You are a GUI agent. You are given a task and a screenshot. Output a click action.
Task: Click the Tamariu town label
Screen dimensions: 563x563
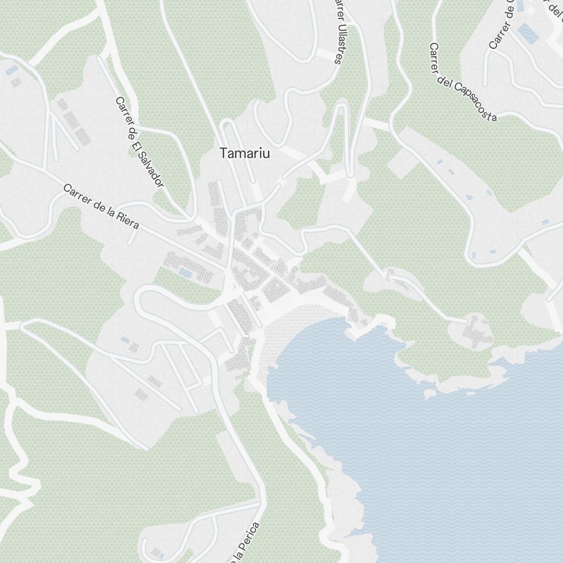coord(245,153)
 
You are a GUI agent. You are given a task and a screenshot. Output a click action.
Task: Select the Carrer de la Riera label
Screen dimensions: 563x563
coord(101,206)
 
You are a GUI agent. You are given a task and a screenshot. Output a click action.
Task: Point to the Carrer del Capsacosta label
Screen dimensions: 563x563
coord(463,82)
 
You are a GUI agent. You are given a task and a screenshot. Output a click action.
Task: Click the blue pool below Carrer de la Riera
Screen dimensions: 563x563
coord(184,273)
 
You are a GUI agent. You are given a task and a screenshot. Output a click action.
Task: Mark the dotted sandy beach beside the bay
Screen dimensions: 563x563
coord(276,338)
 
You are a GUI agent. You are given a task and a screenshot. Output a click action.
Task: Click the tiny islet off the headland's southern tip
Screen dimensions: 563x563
coord(430,392)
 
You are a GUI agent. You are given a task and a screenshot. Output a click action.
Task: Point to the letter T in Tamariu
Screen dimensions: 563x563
coord(224,153)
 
